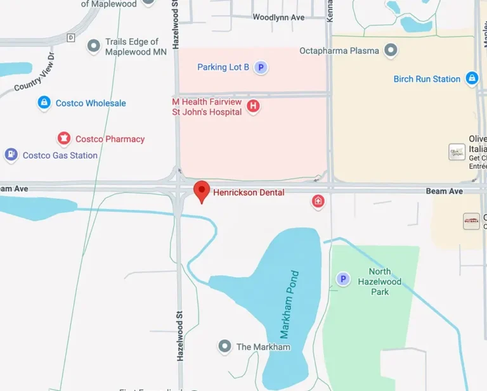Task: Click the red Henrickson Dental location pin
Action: coord(202,191)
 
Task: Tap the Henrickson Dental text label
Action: coord(249,192)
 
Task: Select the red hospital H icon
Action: coord(253,106)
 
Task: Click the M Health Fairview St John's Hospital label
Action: coord(207,107)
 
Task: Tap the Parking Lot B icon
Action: coord(261,67)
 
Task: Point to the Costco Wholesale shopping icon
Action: coord(44,103)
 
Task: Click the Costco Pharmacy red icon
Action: coord(63,139)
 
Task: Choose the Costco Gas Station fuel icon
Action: coord(11,155)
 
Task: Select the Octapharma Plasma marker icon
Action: coord(391,50)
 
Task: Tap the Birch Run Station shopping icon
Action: coord(472,79)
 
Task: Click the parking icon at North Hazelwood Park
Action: coord(343,279)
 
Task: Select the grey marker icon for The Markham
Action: coord(224,347)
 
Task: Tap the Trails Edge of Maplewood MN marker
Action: coord(94,46)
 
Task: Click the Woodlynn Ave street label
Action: coord(278,17)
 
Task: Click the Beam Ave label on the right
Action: coord(444,191)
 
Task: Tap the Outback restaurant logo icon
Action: coord(471,221)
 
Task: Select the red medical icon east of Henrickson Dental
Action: coord(318,202)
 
